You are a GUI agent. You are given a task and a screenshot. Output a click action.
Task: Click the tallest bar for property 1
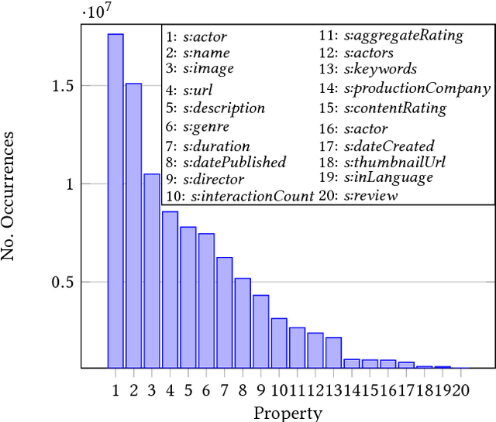[115, 201]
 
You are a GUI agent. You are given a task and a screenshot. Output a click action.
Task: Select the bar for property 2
[134, 225]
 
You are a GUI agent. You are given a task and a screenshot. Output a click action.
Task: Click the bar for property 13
[334, 352]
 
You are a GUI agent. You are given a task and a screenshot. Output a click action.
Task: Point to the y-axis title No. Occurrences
[11, 195]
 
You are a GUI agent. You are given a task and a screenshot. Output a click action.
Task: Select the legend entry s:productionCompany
[405, 89]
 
